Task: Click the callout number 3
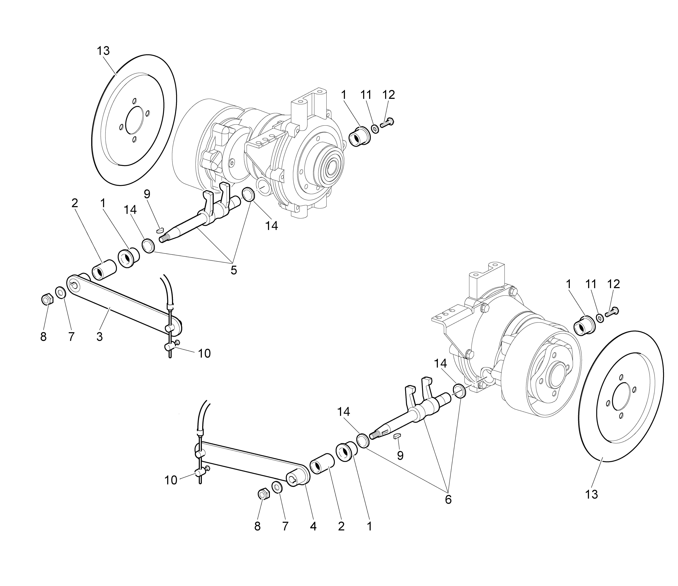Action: point(100,336)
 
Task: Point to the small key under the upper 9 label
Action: point(160,230)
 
